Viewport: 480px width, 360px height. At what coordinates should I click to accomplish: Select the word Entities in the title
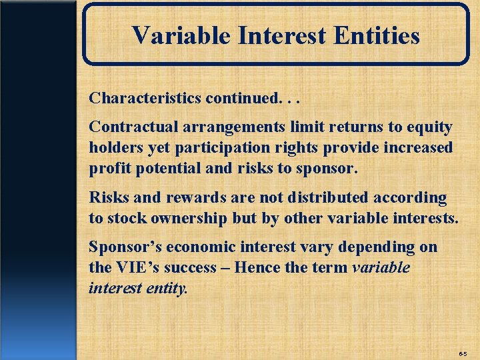[x=379, y=35]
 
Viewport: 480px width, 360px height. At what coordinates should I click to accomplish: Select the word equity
[x=429, y=127]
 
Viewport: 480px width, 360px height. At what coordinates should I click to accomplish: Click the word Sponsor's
[x=125, y=247]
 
